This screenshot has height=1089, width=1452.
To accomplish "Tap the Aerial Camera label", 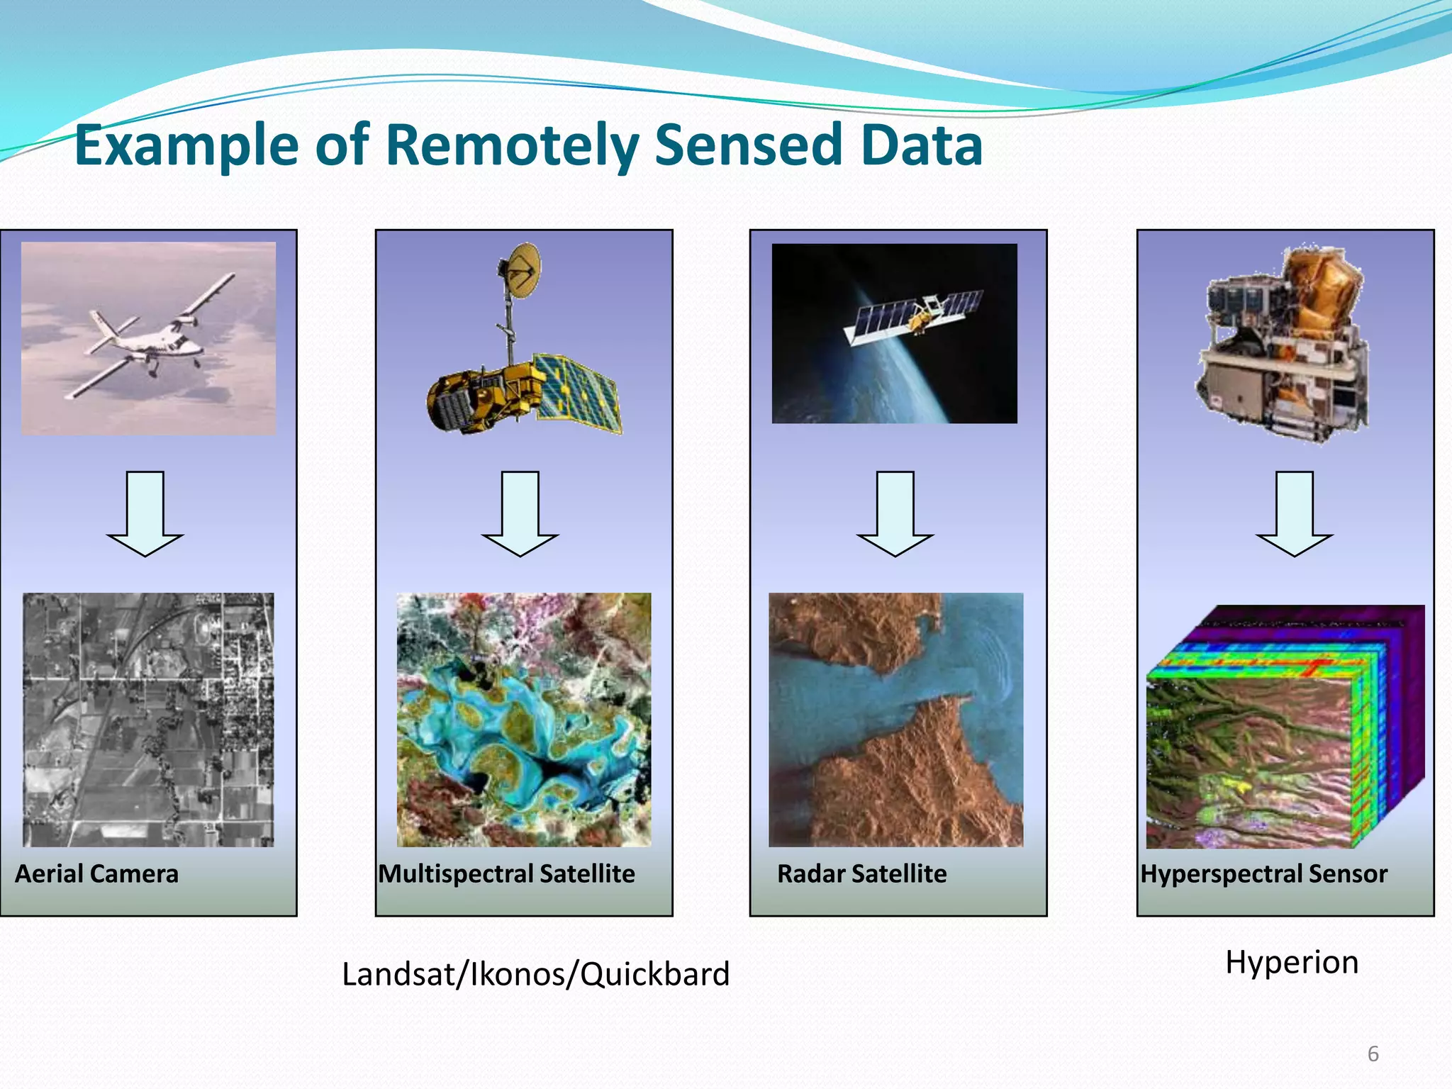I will [x=96, y=873].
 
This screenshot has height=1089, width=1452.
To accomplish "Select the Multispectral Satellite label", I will [x=506, y=873].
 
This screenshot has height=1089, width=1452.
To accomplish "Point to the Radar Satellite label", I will [x=861, y=873].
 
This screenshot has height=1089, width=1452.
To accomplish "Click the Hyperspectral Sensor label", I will [x=1263, y=873].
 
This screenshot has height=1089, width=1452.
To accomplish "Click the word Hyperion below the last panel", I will [x=1292, y=962].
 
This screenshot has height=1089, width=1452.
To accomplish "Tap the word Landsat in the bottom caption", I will [x=398, y=974].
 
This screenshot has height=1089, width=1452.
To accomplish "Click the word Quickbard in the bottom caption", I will [x=655, y=974].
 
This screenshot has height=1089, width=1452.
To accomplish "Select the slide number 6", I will [x=1373, y=1054].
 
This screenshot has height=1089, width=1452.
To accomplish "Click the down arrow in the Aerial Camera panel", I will [x=145, y=513].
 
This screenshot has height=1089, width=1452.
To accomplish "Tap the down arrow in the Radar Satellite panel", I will [x=895, y=513].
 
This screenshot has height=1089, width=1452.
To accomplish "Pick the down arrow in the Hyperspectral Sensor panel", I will [x=1294, y=513].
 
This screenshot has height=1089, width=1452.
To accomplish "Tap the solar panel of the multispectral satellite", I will [x=578, y=393].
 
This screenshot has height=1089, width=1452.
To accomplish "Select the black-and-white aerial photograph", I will [x=148, y=720].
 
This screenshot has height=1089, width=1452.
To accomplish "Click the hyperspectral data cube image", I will [x=1285, y=727].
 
